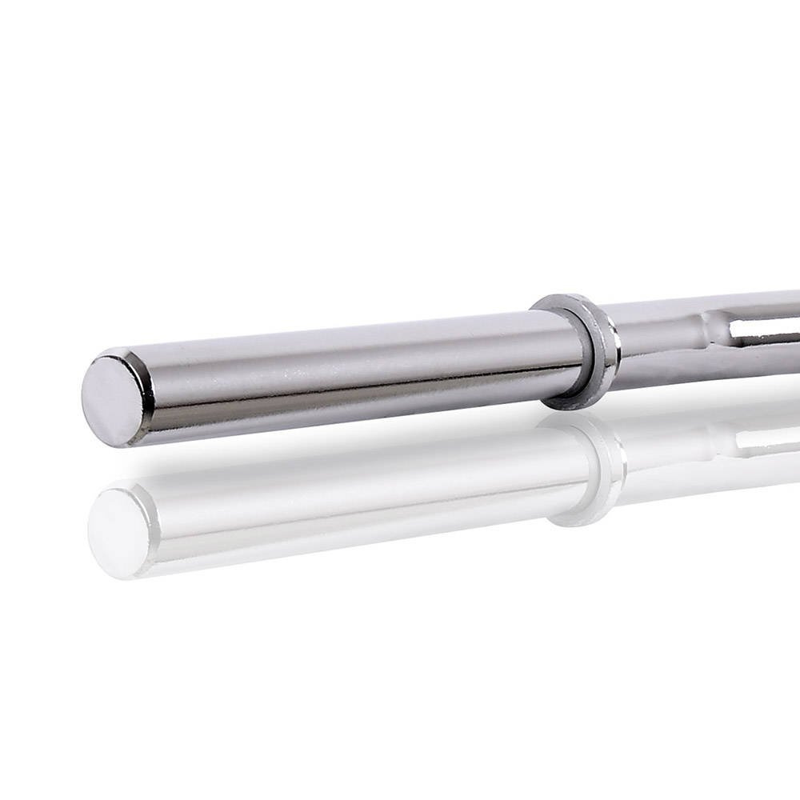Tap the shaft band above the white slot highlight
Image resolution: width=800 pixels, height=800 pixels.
(760, 308)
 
